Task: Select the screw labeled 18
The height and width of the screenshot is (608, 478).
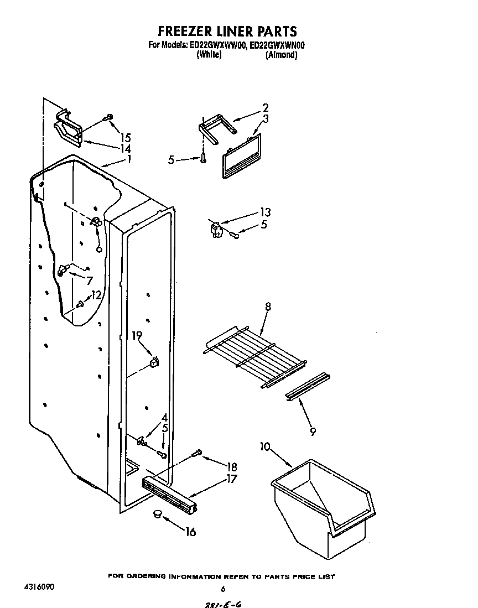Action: pyautogui.click(x=196, y=454)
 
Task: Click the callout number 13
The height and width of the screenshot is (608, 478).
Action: pyautogui.click(x=265, y=212)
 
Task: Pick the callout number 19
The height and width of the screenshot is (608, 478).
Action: pyautogui.click(x=138, y=335)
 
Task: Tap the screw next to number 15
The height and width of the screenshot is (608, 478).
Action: pyautogui.click(x=108, y=117)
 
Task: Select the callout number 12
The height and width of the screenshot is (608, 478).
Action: pyautogui.click(x=96, y=295)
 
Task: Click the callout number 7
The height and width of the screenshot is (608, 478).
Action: pyautogui.click(x=89, y=280)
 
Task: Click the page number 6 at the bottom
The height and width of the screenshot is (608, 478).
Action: pyautogui.click(x=223, y=589)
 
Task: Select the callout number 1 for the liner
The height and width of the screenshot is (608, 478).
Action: pyautogui.click(x=129, y=159)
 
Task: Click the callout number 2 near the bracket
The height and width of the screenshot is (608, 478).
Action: pyautogui.click(x=266, y=108)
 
